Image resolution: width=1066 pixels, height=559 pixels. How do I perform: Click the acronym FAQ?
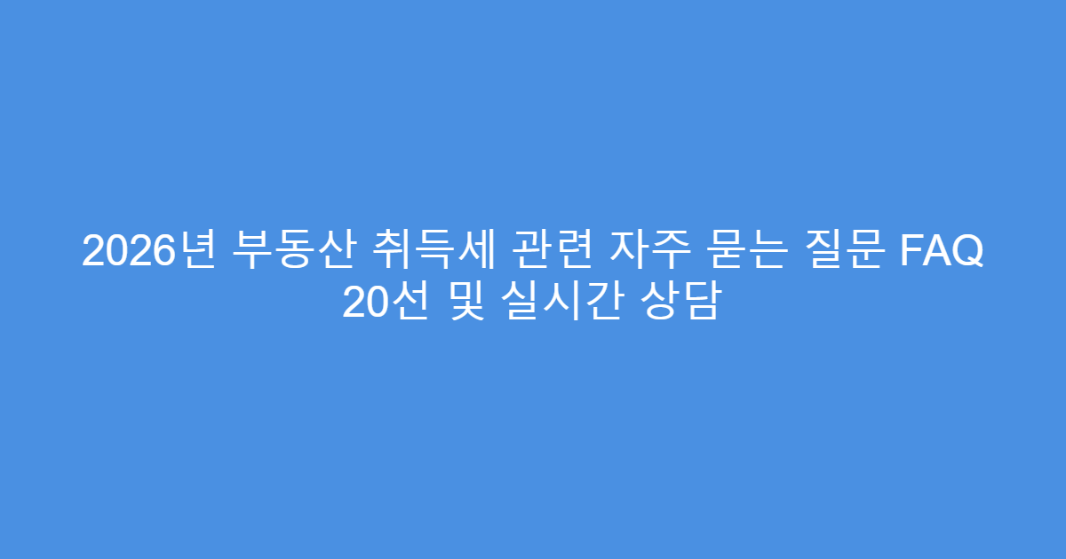[x=943, y=252]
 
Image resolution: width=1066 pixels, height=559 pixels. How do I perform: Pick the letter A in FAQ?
[x=940, y=252]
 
